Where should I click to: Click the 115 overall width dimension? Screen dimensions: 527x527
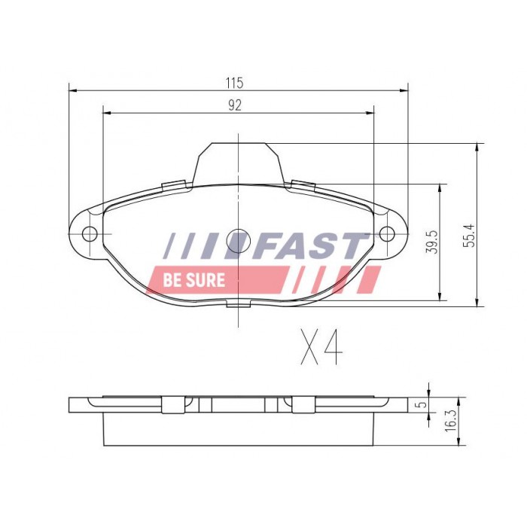237,81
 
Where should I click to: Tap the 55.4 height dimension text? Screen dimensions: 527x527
468,235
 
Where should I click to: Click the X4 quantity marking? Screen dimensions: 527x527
321,346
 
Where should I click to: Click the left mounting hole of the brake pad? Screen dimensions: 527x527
89,233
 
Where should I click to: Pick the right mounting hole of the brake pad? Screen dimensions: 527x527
387,233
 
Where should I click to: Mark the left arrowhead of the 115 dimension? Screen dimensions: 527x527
73,90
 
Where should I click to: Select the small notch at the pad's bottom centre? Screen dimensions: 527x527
238,302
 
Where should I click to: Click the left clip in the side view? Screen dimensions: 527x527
174,404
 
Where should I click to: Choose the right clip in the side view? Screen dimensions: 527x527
303,404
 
